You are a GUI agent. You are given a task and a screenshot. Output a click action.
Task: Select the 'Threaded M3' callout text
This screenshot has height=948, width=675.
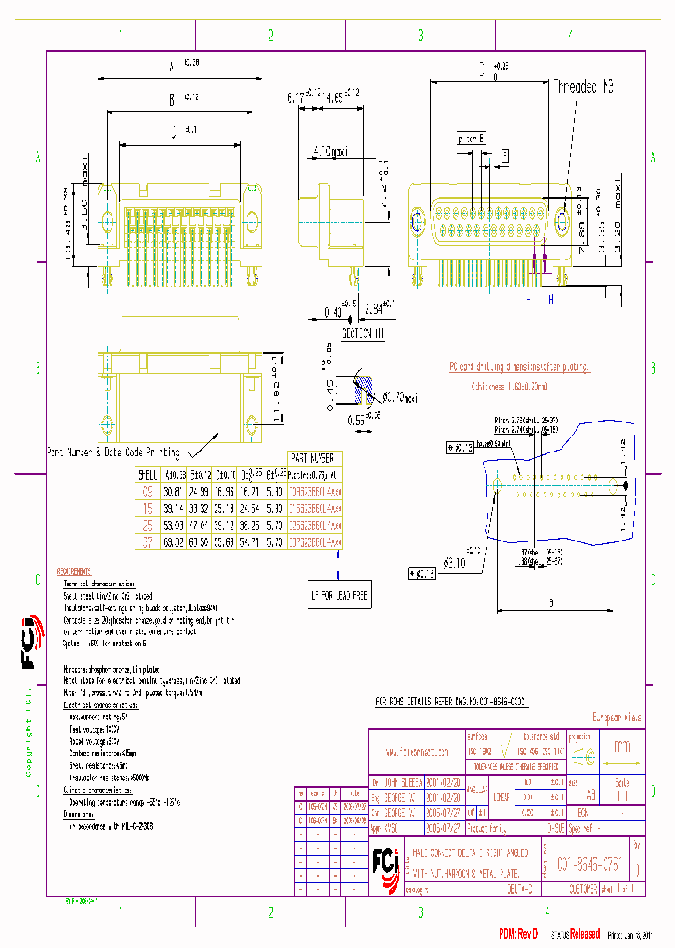(x=581, y=86)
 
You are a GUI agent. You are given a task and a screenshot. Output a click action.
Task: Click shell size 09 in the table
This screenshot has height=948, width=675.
(x=145, y=490)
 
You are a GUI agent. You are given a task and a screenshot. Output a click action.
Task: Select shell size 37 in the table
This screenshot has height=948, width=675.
(x=145, y=541)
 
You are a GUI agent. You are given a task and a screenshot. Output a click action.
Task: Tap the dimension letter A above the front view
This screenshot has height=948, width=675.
(x=172, y=67)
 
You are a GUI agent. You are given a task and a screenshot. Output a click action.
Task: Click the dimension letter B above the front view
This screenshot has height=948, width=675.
(x=172, y=99)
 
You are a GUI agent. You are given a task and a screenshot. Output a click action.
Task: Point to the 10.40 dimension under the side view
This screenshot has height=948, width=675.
(x=330, y=310)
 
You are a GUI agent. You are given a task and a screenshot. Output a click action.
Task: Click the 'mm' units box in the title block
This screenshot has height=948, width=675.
(x=621, y=748)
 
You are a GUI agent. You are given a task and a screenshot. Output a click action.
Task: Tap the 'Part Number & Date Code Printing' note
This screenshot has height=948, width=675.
(x=113, y=452)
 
